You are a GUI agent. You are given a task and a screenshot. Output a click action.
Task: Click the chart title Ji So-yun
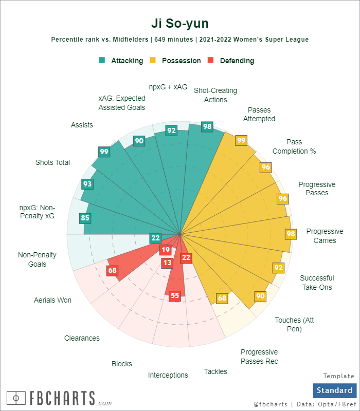(x=180, y=24)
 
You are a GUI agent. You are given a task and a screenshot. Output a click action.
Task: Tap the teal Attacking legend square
(x=102, y=60)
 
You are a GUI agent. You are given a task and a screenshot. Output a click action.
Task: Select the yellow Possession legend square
(x=153, y=60)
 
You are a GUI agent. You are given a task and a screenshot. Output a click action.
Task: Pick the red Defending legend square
(x=210, y=60)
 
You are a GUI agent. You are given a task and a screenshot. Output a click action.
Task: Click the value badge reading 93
(x=87, y=184)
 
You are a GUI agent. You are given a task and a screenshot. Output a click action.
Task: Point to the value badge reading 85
(x=85, y=218)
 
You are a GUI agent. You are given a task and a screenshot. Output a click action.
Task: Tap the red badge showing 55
(x=175, y=295)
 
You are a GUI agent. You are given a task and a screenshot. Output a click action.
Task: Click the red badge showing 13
(x=167, y=263)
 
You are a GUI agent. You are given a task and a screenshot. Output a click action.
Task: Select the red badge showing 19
(x=165, y=250)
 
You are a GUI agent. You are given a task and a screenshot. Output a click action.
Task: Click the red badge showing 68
(x=113, y=270)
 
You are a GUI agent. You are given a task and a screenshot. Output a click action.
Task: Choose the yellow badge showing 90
(x=260, y=296)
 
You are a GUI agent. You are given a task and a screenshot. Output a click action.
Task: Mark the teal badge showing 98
(x=207, y=126)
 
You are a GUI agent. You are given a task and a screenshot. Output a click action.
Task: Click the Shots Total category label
(x=52, y=162)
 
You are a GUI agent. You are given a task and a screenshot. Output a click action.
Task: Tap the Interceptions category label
(x=168, y=375)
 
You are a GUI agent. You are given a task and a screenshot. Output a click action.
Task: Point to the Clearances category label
(x=82, y=338)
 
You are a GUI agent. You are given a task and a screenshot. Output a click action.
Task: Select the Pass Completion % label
(x=294, y=146)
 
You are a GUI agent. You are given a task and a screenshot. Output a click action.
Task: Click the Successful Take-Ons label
(x=317, y=283)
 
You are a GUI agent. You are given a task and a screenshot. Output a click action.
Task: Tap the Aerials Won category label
(x=52, y=300)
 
